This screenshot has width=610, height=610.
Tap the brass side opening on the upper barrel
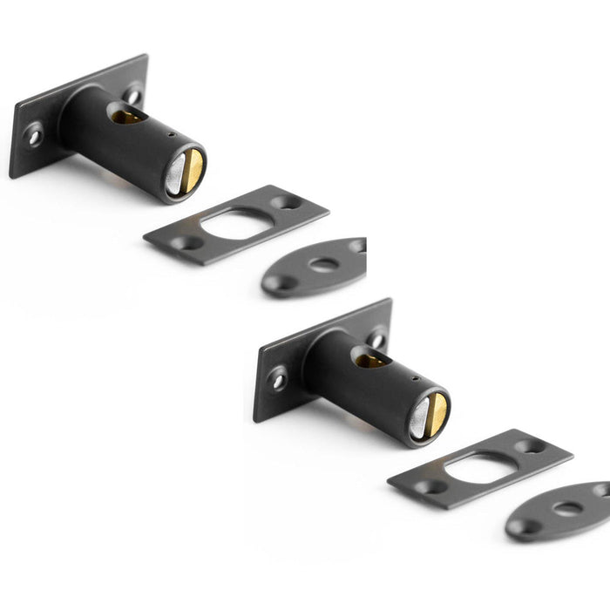(127, 115)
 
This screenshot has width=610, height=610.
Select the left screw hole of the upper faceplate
(34, 135)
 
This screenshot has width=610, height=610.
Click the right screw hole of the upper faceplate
(134, 95)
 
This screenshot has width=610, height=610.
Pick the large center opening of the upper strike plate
(234, 224)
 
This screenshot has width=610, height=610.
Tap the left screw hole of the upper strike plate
(185, 243)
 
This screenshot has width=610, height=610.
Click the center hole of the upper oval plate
(324, 265)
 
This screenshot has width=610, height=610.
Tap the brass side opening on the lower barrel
(371, 359)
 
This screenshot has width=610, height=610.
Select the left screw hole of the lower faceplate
(278, 379)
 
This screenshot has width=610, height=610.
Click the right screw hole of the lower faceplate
(378, 339)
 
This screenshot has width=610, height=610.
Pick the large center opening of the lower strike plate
(478, 468)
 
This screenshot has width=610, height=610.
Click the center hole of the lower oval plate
(568, 509)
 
